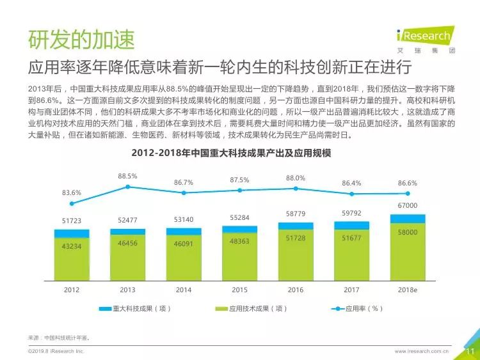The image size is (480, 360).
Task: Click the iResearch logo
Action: pyautogui.click(x=426, y=40)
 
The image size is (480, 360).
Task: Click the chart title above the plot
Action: pyautogui.click(x=231, y=153)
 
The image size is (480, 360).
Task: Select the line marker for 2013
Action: pyautogui.click(x=127, y=187)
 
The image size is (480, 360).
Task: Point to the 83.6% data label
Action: pyautogui.click(x=72, y=192)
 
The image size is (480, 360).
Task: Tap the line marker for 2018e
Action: pyautogui.click(x=408, y=193)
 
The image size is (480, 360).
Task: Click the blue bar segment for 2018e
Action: pyautogui.click(x=408, y=219)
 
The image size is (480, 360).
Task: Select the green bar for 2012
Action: pyautogui.click(x=72, y=259)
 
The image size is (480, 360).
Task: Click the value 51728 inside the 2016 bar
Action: pyautogui.click(x=296, y=238)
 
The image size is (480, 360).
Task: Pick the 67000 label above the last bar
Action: pyautogui.click(x=408, y=205)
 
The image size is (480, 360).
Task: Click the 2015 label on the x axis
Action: pyautogui.click(x=239, y=290)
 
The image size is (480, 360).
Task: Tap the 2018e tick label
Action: pyautogui.click(x=408, y=290)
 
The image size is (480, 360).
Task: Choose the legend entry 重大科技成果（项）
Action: pyautogui.click(x=134, y=309)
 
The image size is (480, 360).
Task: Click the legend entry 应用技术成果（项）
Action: pyautogui.click(x=251, y=309)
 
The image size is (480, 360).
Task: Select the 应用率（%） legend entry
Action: pyautogui.click(x=357, y=309)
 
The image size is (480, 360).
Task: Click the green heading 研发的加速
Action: pyautogui.click(x=81, y=40)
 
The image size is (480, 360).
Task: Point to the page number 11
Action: pyautogui.click(x=470, y=351)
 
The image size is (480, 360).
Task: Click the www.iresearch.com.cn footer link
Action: pyautogui.click(x=422, y=351)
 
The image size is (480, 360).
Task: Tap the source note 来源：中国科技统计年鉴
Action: pyautogui.click(x=59, y=338)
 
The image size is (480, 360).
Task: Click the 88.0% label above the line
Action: pyautogui.click(x=296, y=178)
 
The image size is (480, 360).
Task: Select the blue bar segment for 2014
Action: pyautogui.click(x=184, y=231)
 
